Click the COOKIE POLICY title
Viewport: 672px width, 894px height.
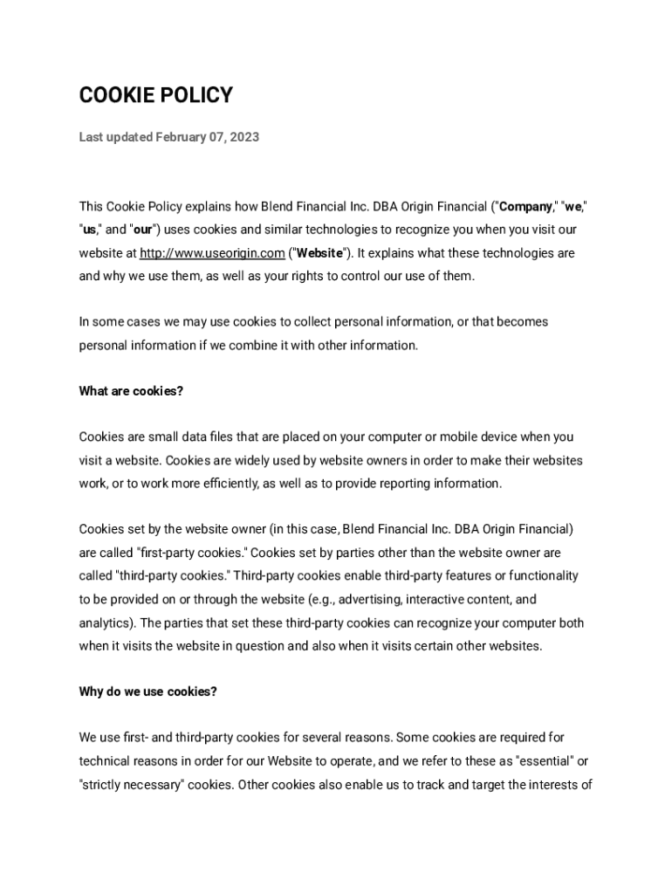click(x=156, y=95)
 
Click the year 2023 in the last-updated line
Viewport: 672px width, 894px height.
click(x=244, y=137)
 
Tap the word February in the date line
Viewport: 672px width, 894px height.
click(x=181, y=137)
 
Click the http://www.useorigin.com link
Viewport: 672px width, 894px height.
click(x=212, y=253)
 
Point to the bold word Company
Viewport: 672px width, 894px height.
click(x=525, y=207)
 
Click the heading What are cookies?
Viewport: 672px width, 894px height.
click(x=131, y=391)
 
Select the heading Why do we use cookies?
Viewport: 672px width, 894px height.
click(x=147, y=691)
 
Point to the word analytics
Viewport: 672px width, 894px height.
click(x=106, y=623)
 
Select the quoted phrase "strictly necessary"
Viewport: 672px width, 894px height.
click(x=124, y=784)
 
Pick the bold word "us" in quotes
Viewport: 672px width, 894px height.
click(x=89, y=230)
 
